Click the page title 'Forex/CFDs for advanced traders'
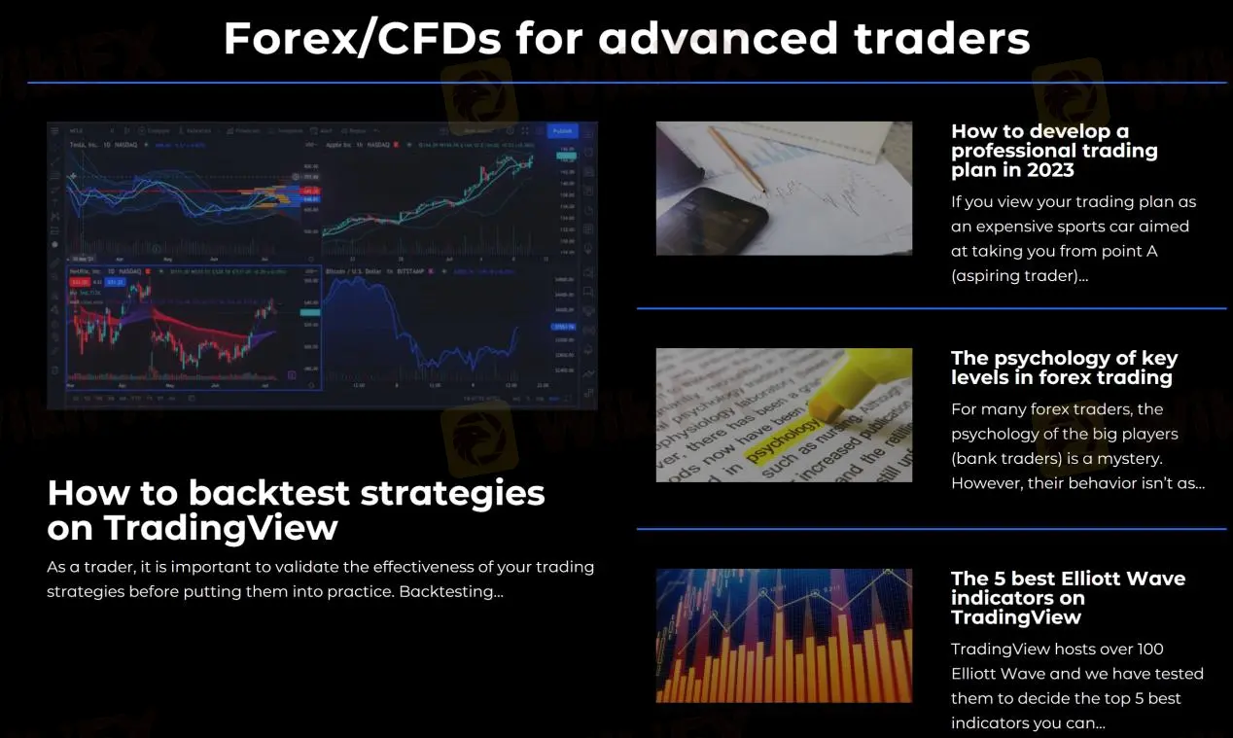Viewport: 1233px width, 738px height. click(x=626, y=39)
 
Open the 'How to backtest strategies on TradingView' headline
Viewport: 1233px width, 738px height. click(x=296, y=510)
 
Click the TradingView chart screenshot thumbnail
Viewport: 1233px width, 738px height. click(x=321, y=264)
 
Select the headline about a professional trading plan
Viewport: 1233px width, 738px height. click(x=1054, y=151)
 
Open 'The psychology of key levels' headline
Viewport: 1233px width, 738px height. click(x=1064, y=368)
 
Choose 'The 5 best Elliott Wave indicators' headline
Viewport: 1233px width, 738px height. click(x=1068, y=597)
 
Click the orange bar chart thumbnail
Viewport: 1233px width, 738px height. click(x=784, y=636)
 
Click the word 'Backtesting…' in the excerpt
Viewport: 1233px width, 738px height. click(x=451, y=591)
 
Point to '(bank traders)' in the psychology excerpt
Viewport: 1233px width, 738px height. click(x=1005, y=458)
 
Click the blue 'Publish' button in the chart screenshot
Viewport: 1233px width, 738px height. click(x=562, y=131)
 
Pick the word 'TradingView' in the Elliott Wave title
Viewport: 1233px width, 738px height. click(x=1015, y=617)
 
